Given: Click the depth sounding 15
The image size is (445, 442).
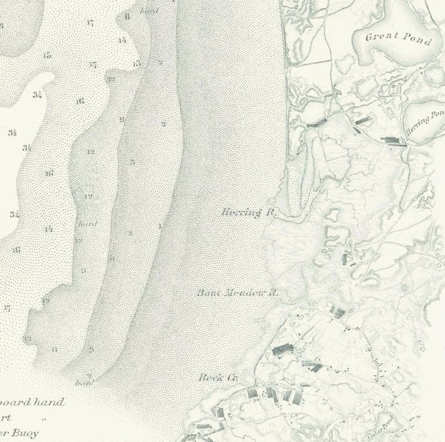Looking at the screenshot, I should [47, 55].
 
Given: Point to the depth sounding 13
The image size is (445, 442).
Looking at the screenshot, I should [137, 63].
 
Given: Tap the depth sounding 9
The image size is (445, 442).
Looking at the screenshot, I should [122, 119].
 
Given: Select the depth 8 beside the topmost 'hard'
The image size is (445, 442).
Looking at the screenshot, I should [127, 17].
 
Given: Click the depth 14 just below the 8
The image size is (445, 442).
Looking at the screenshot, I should [122, 40].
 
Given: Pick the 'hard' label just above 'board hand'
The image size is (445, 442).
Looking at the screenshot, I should [84, 383].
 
